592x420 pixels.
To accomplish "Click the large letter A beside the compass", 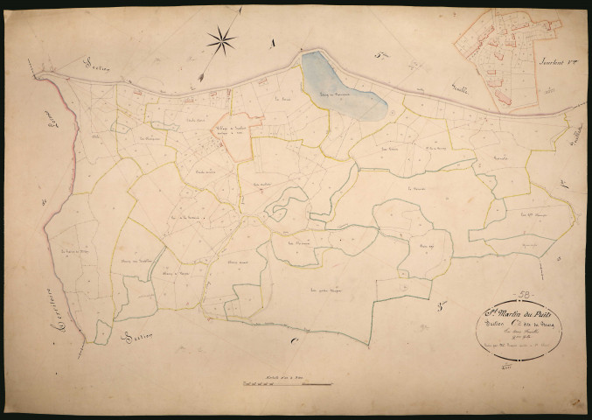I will (x=274, y=41).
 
